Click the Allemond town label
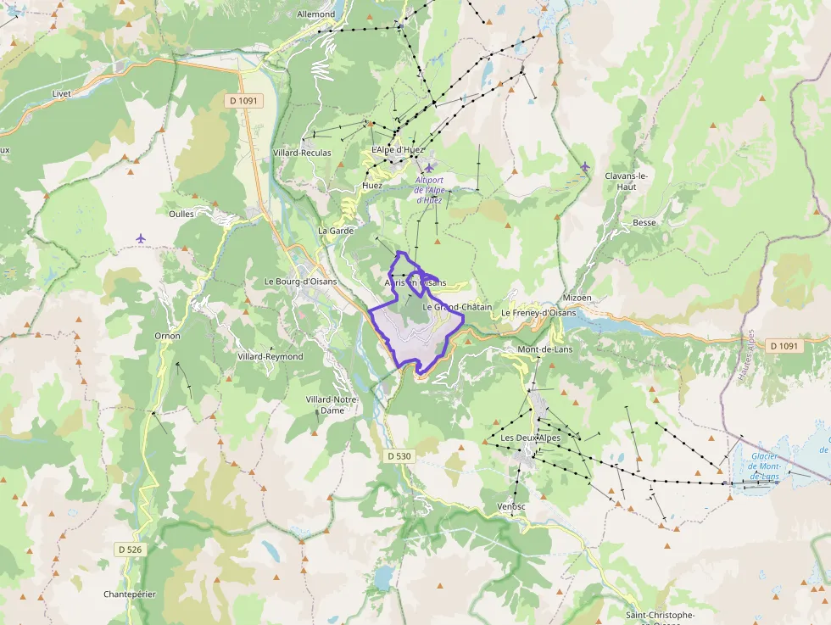pyautogui.click(x=316, y=14)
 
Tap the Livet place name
pyautogui.click(x=60, y=93)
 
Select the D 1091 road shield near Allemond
pyautogui.click(x=246, y=101)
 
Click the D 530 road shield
pyautogui.click(x=399, y=456)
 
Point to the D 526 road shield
pyautogui.click(x=130, y=550)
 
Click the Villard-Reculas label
pyautogui.click(x=302, y=153)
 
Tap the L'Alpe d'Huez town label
pyautogui.click(x=398, y=150)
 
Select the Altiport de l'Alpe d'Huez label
pyautogui.click(x=429, y=190)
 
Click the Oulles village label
pyautogui.click(x=181, y=214)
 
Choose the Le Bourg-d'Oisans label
pyautogui.click(x=300, y=282)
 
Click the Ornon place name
pyautogui.click(x=167, y=336)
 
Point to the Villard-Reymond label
pyautogui.click(x=270, y=356)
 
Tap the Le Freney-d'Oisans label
pyautogui.click(x=538, y=312)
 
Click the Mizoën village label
pyautogui.click(x=577, y=299)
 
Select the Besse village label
pyautogui.click(x=644, y=223)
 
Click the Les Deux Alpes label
pyautogui.click(x=531, y=438)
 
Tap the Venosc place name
pyautogui.click(x=511, y=506)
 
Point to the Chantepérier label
pyautogui.click(x=130, y=594)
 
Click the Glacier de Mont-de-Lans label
pyautogui.click(x=765, y=466)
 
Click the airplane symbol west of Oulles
pyautogui.click(x=140, y=238)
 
